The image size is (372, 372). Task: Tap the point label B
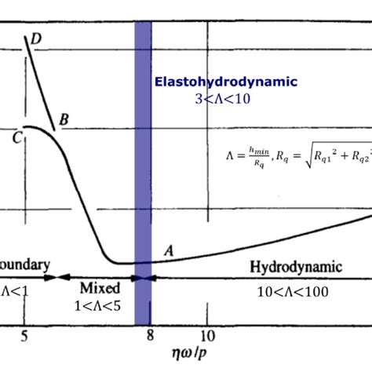64,119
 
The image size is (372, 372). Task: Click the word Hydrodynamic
296,268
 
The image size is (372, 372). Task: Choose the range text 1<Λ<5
97,304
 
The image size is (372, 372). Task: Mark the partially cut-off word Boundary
25,264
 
